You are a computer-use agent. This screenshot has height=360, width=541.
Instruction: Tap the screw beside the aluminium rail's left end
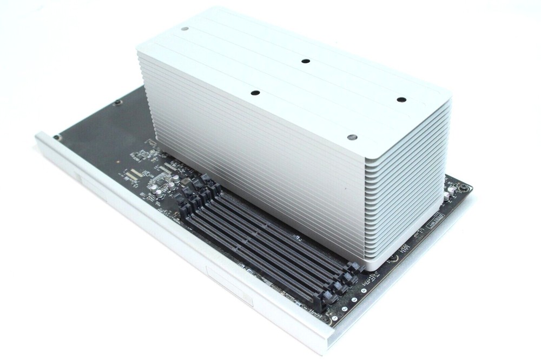[x=56, y=137]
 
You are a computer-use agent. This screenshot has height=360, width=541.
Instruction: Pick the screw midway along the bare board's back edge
[x=117, y=101]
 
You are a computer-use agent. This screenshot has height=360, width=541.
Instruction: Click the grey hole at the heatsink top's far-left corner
[x=185, y=29]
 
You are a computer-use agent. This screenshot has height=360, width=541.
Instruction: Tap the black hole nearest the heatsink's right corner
[x=401, y=99]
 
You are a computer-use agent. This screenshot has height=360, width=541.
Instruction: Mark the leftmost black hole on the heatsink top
[x=255, y=92]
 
